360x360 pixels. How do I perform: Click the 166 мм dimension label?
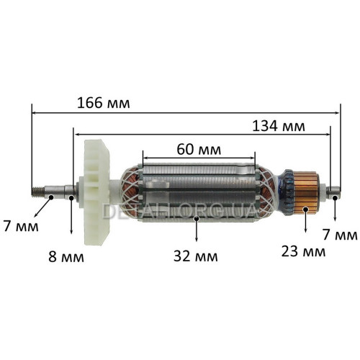[104, 103]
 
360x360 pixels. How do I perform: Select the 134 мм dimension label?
[279, 126]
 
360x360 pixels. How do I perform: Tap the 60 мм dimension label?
[199, 150]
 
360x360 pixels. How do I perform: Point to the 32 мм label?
[196, 256]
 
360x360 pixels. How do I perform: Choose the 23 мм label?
[303, 251]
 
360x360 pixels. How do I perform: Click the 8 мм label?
[66, 257]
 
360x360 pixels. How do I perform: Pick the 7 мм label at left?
[21, 226]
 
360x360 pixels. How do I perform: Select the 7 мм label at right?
[340, 235]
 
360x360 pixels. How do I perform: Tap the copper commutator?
[307, 193]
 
